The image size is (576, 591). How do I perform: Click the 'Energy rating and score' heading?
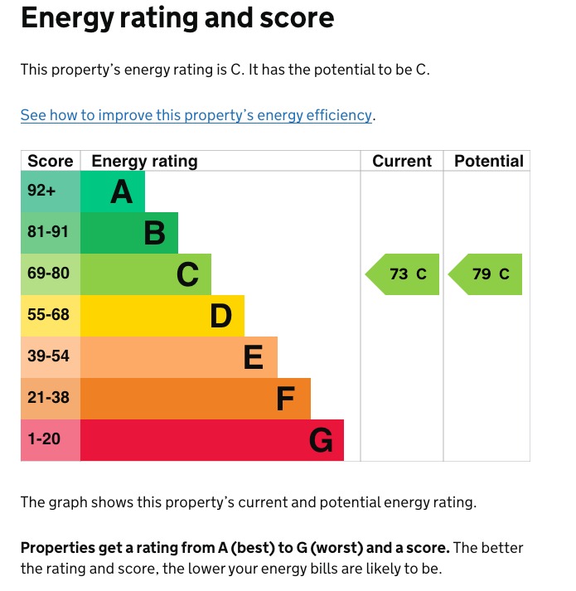tap(177, 18)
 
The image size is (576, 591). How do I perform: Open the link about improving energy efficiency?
tap(196, 115)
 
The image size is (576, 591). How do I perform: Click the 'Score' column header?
tap(50, 161)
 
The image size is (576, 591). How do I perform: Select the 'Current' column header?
tap(402, 161)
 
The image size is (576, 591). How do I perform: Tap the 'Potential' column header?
tap(488, 161)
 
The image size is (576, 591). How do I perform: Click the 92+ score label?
tap(41, 191)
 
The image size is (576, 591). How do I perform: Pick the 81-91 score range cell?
tap(48, 232)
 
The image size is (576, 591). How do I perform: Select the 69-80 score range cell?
tap(48, 274)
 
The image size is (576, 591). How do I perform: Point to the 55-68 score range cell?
tap(48, 315)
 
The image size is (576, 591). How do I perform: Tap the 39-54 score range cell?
tap(48, 356)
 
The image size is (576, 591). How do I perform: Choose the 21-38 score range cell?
tap(48, 398)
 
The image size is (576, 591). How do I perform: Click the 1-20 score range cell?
tap(45, 439)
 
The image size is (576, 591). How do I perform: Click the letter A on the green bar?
tap(121, 192)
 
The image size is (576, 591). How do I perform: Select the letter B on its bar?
tap(154, 234)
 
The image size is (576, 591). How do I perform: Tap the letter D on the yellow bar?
tap(220, 317)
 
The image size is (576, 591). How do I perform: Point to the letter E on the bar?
tap(254, 358)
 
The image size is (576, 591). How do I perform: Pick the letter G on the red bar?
tap(321, 441)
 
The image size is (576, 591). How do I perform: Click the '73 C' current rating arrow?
tap(404, 274)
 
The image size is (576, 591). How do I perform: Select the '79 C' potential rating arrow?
tap(486, 274)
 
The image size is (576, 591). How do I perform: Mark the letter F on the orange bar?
tap(286, 400)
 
